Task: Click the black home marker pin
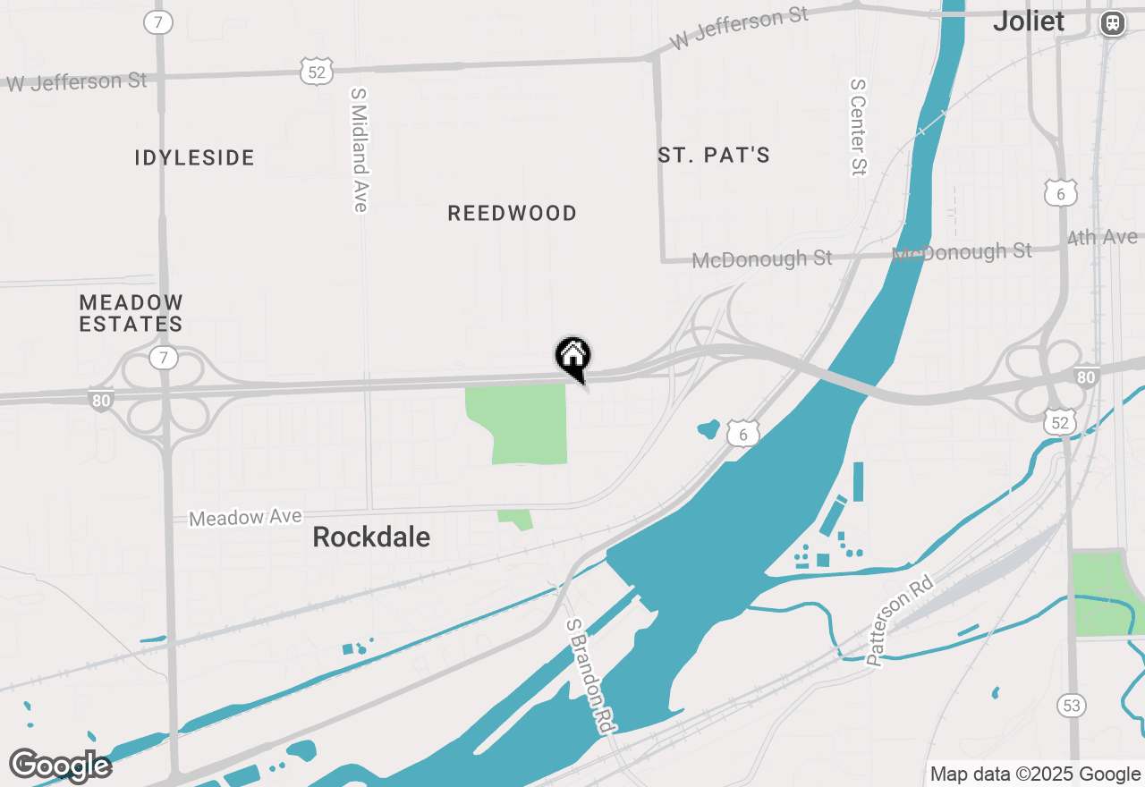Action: point(573,358)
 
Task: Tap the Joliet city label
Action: point(1029,21)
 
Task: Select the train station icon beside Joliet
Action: point(1113,23)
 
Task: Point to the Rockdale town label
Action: point(371,537)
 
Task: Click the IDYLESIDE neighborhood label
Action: point(195,158)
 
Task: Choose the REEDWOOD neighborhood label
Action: point(513,213)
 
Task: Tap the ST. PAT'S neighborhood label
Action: point(714,156)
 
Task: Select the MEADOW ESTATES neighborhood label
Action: point(131,314)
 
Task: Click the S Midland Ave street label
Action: point(360,149)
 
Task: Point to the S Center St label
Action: point(859,126)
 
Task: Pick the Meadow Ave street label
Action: point(245,517)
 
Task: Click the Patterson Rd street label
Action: point(900,621)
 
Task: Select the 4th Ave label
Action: point(1103,238)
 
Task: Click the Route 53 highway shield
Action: point(1072,706)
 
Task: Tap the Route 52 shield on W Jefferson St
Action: point(317,71)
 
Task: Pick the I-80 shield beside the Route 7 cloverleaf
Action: point(101,400)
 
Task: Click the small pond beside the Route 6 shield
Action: point(708,428)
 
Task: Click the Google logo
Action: point(60,766)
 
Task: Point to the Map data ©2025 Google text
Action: point(1035,774)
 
